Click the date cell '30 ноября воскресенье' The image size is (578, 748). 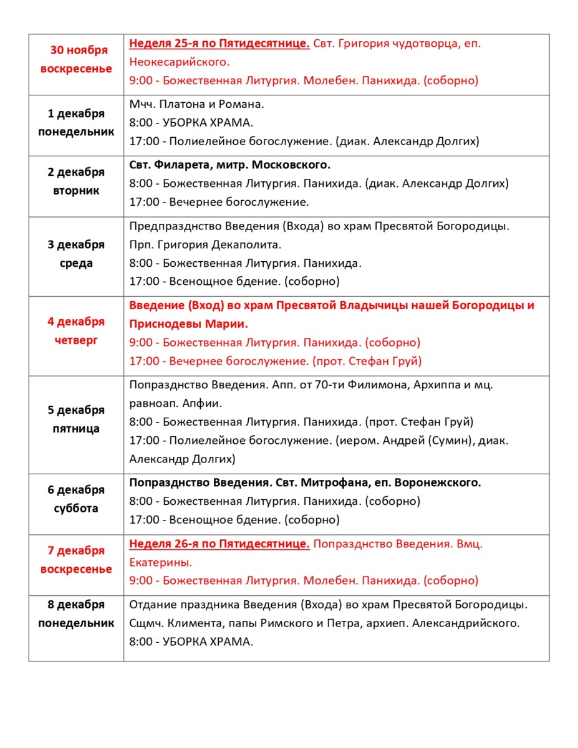coord(76,60)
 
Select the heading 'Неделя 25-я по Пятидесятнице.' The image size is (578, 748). coord(219,44)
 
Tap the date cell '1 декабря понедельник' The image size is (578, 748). coord(76,123)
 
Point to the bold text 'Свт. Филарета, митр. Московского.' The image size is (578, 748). coord(229,165)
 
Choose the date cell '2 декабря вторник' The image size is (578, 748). coord(76,181)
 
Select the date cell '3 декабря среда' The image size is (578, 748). coord(76,254)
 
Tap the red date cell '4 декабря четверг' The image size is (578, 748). coord(76,331)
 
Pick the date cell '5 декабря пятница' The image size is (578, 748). coord(76,420)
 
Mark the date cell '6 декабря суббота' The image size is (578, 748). coord(76,499)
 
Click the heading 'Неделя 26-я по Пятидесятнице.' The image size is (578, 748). coord(219,544)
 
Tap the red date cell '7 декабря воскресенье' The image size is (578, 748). coord(76,560)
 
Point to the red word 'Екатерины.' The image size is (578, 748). coord(161,562)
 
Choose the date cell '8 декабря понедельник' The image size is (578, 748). coord(76,614)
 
